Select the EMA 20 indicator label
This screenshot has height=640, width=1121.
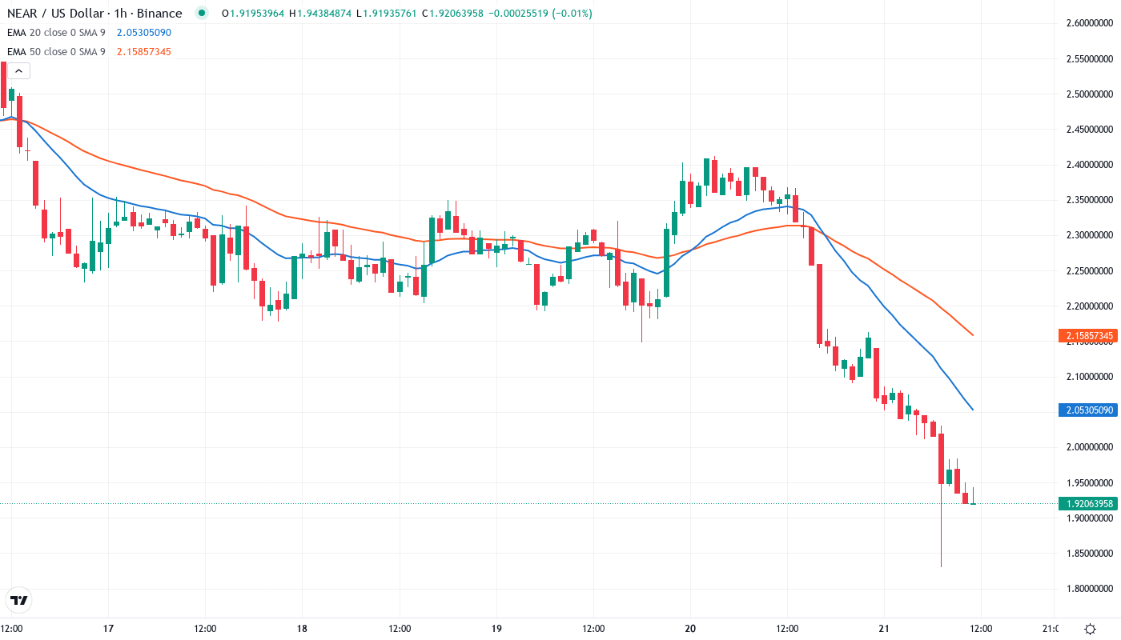[56, 33]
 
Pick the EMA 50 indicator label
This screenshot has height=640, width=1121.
[56, 52]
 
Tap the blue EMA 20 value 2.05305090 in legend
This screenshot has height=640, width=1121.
[144, 33]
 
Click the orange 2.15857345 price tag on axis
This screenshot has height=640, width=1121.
[1086, 335]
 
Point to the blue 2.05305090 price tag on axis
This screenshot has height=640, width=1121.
[1086, 410]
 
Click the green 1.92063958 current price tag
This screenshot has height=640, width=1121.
[1086, 503]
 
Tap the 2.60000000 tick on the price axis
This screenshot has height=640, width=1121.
[1085, 23]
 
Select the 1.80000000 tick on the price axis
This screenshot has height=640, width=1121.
[1085, 589]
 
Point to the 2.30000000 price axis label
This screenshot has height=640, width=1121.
[1085, 235]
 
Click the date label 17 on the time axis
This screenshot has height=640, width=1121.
[109, 629]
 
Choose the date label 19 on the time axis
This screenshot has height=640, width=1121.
[496, 629]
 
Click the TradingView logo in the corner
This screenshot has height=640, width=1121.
[18, 600]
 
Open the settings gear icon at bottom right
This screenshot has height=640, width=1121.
[1090, 629]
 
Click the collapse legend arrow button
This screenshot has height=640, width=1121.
[18, 71]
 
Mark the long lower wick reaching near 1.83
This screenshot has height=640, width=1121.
[942, 544]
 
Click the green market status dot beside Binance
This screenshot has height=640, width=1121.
[202, 14]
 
